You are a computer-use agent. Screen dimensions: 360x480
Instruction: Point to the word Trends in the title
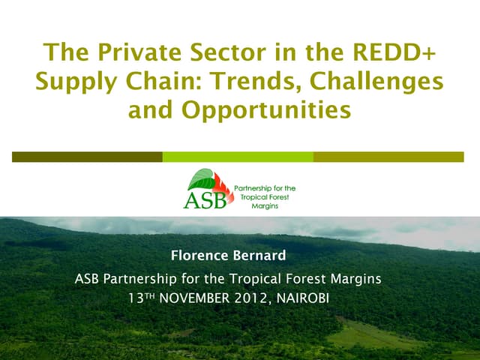coord(252,82)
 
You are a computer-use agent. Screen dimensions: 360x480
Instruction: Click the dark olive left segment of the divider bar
coord(87,157)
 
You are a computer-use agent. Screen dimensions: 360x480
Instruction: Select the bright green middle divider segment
coord(238,157)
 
